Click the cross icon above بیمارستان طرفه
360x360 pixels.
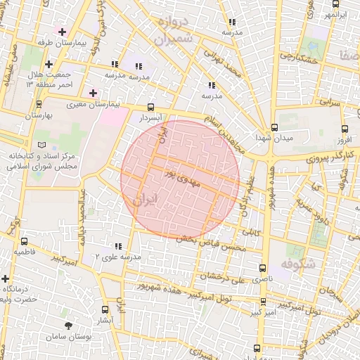pos(63,32)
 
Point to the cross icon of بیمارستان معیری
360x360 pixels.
pos(93,93)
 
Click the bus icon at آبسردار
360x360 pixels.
pos(150,108)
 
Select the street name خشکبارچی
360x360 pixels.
pos(298,54)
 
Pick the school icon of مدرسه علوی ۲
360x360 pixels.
pos(117,246)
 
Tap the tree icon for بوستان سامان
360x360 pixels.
pos(68,326)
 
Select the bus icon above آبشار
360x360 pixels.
pos(105,309)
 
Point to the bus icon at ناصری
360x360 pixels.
pos(263,268)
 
